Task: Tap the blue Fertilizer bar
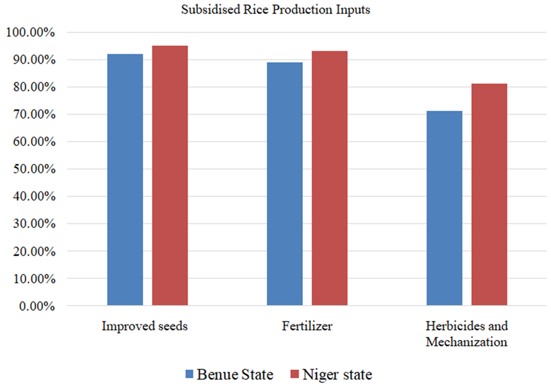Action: [x=285, y=184]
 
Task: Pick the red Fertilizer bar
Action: [x=329, y=178]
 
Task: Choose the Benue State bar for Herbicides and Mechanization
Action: [x=444, y=208]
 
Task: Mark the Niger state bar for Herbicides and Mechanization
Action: [x=489, y=195]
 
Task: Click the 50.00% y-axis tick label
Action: [x=32, y=169]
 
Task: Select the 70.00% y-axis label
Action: [x=32, y=115]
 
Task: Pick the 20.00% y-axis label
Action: [x=32, y=251]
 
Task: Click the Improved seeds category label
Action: [x=145, y=326]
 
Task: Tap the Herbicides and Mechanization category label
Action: [x=466, y=334]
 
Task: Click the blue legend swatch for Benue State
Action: [x=190, y=375]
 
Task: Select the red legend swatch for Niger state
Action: [x=295, y=375]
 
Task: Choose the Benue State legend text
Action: [x=235, y=375]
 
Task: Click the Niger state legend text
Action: [x=337, y=375]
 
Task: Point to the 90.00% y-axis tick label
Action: [x=32, y=60]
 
